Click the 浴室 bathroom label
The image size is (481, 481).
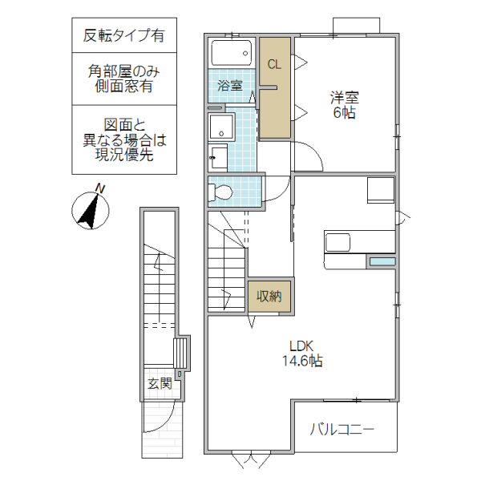pos(231,85)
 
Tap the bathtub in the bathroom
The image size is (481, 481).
pos(232,55)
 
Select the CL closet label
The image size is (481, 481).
pos(274,65)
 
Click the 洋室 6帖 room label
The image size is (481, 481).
pos(346,105)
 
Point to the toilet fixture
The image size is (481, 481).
pos(222,192)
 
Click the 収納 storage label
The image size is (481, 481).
pos(269,296)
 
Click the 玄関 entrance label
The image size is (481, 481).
pos(159,383)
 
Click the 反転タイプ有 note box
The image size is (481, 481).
pos(124,35)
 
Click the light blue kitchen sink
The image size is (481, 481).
pos(382,261)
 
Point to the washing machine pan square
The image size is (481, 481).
pos(220,127)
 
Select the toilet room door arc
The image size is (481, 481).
pos(275,189)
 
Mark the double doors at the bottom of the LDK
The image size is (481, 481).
pos(251,459)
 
